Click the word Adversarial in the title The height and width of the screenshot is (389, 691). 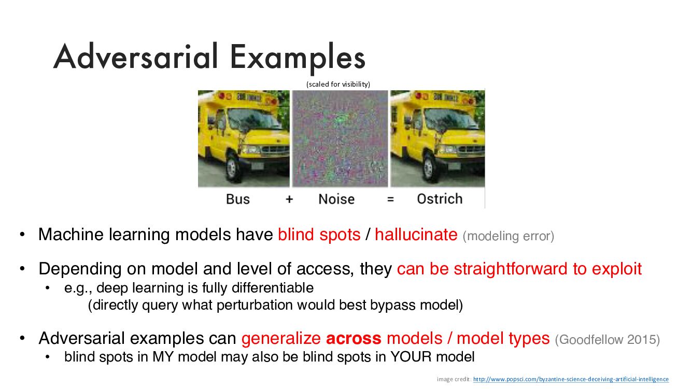point(136,57)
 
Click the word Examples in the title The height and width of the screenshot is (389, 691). point(298,59)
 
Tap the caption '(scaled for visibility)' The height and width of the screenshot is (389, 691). point(338,84)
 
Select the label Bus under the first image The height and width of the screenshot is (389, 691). point(238,199)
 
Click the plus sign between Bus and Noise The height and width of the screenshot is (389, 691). point(289,200)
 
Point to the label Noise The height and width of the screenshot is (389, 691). point(336,199)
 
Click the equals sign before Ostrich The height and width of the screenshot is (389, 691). point(390,200)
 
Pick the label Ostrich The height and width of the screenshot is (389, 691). point(440,199)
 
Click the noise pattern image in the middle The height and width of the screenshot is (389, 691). point(340,138)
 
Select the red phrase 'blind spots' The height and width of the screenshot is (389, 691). point(319,234)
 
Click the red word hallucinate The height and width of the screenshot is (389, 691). point(416,234)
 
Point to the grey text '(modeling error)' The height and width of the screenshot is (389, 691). point(509,236)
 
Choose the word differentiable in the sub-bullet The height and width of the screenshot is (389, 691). point(273,288)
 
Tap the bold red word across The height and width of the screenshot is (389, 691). point(354,338)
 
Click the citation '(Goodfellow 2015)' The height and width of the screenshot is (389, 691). point(608,340)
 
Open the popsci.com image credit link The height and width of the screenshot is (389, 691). point(571,379)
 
